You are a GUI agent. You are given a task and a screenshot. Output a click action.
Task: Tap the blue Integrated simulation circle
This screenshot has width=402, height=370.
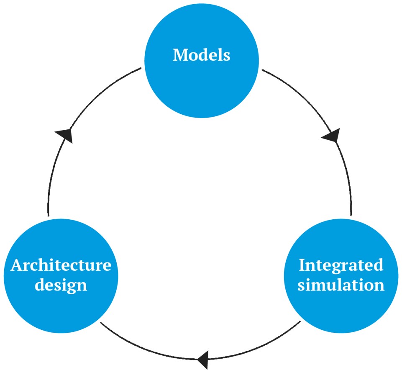tap(341, 301)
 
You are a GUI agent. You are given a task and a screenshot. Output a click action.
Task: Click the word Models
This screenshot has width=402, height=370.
tap(202, 55)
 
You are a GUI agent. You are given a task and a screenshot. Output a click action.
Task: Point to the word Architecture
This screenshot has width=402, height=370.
tap(61, 265)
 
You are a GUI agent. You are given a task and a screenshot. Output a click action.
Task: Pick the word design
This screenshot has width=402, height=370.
tap(61, 285)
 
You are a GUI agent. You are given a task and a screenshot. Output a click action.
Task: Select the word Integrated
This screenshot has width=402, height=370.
tap(341, 265)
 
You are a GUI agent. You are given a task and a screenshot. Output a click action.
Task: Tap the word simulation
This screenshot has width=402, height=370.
tap(341, 285)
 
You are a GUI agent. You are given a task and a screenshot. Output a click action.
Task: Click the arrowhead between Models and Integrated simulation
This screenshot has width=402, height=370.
tap(331, 135)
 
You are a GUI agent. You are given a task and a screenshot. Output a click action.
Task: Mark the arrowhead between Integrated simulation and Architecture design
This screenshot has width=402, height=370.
tap(202, 358)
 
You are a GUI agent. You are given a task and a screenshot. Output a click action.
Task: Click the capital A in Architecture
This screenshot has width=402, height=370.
tap(16, 265)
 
